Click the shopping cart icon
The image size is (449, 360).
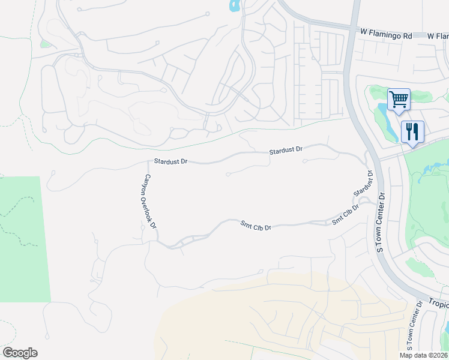(399, 98)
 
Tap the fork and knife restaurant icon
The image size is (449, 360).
(412, 131)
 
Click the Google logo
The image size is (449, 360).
(20, 353)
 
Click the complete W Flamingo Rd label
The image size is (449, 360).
(387, 36)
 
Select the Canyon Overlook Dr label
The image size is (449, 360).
(149, 202)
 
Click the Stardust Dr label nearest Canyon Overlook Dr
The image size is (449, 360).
(171, 161)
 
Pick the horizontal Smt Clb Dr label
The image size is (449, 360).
(256, 226)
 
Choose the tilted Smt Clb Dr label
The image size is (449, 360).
(345, 215)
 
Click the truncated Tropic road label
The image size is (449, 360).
(439, 303)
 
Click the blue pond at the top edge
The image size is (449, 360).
(234, 6)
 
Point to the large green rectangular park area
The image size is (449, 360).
(24, 240)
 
